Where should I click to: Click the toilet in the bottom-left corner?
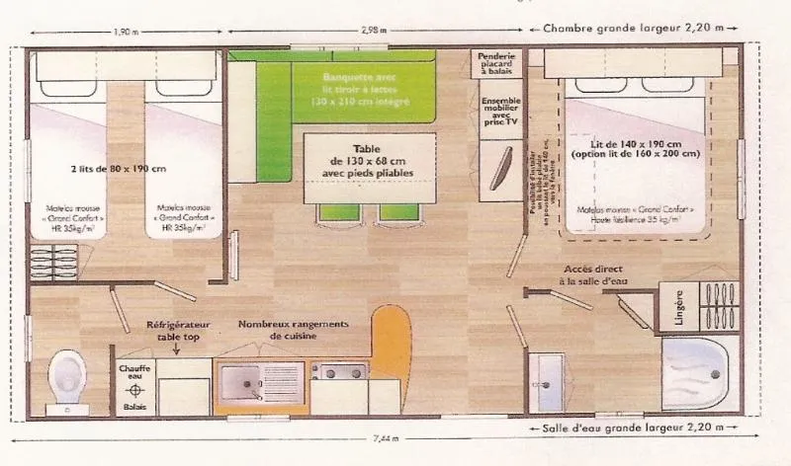67,376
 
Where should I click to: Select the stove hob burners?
339,372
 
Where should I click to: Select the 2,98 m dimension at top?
373,30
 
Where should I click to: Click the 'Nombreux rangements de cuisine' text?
293,330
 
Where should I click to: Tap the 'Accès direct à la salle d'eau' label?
596,274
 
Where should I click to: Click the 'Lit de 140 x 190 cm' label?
640,148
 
